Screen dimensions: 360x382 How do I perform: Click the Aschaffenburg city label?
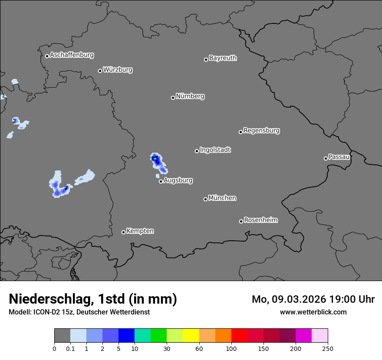72,55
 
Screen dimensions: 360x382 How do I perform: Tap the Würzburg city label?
118,70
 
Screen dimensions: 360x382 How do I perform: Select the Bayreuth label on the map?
223,58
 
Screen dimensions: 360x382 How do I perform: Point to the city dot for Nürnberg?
173,98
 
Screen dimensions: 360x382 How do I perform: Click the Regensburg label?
261,131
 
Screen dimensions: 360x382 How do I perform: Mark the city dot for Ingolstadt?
197,151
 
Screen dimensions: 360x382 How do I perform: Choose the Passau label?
339,157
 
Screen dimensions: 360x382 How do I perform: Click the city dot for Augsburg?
161,181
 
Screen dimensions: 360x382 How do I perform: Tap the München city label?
222,198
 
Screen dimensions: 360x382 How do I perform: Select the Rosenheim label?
260,220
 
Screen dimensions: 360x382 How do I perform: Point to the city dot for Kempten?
123,232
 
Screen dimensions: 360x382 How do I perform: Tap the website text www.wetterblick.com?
313,312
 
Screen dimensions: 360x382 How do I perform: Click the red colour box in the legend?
239,336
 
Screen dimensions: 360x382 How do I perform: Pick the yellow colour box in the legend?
191,336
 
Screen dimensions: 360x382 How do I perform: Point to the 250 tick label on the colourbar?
328,348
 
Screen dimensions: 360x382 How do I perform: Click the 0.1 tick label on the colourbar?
70,348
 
